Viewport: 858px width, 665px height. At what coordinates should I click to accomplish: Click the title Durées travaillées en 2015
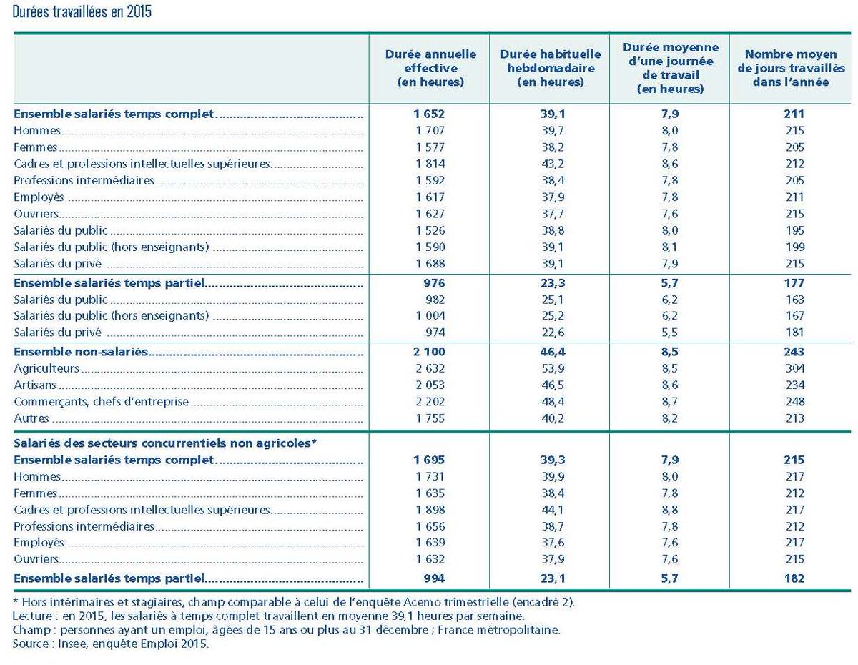(x=82, y=13)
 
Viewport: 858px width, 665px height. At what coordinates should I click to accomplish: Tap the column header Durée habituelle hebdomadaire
(x=550, y=68)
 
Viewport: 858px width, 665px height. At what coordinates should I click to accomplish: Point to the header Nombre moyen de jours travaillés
(x=791, y=68)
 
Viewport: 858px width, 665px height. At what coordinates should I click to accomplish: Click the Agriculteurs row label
(x=46, y=368)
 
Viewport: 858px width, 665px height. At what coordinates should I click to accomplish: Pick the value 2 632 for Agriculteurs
(x=430, y=368)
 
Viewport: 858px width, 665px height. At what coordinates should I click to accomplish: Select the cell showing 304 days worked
(x=794, y=368)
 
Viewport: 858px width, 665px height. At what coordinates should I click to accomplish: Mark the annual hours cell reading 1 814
(x=430, y=164)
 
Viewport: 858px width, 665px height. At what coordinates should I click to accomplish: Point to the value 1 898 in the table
(x=430, y=510)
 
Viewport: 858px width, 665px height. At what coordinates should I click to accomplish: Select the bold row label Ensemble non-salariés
(x=80, y=352)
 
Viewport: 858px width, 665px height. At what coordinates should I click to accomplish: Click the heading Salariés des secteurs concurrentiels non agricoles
(x=165, y=443)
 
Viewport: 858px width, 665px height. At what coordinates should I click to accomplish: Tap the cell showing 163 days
(x=794, y=300)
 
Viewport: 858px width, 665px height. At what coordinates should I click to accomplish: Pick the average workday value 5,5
(x=670, y=332)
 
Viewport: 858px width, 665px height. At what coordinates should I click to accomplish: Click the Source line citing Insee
(x=112, y=644)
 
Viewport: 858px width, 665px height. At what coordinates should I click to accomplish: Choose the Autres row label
(x=31, y=418)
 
